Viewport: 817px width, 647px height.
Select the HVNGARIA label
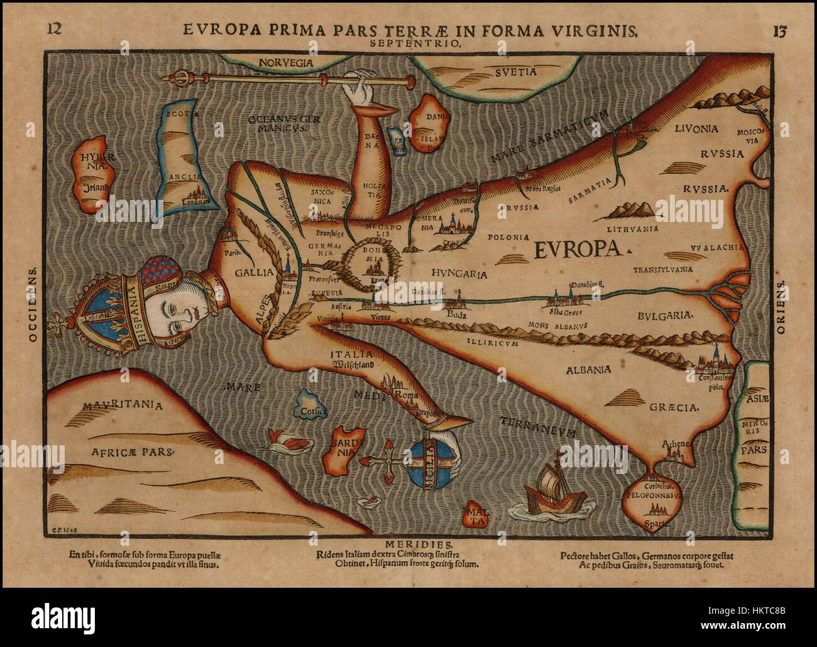tap(460, 273)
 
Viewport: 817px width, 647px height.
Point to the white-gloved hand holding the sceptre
tap(361, 90)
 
